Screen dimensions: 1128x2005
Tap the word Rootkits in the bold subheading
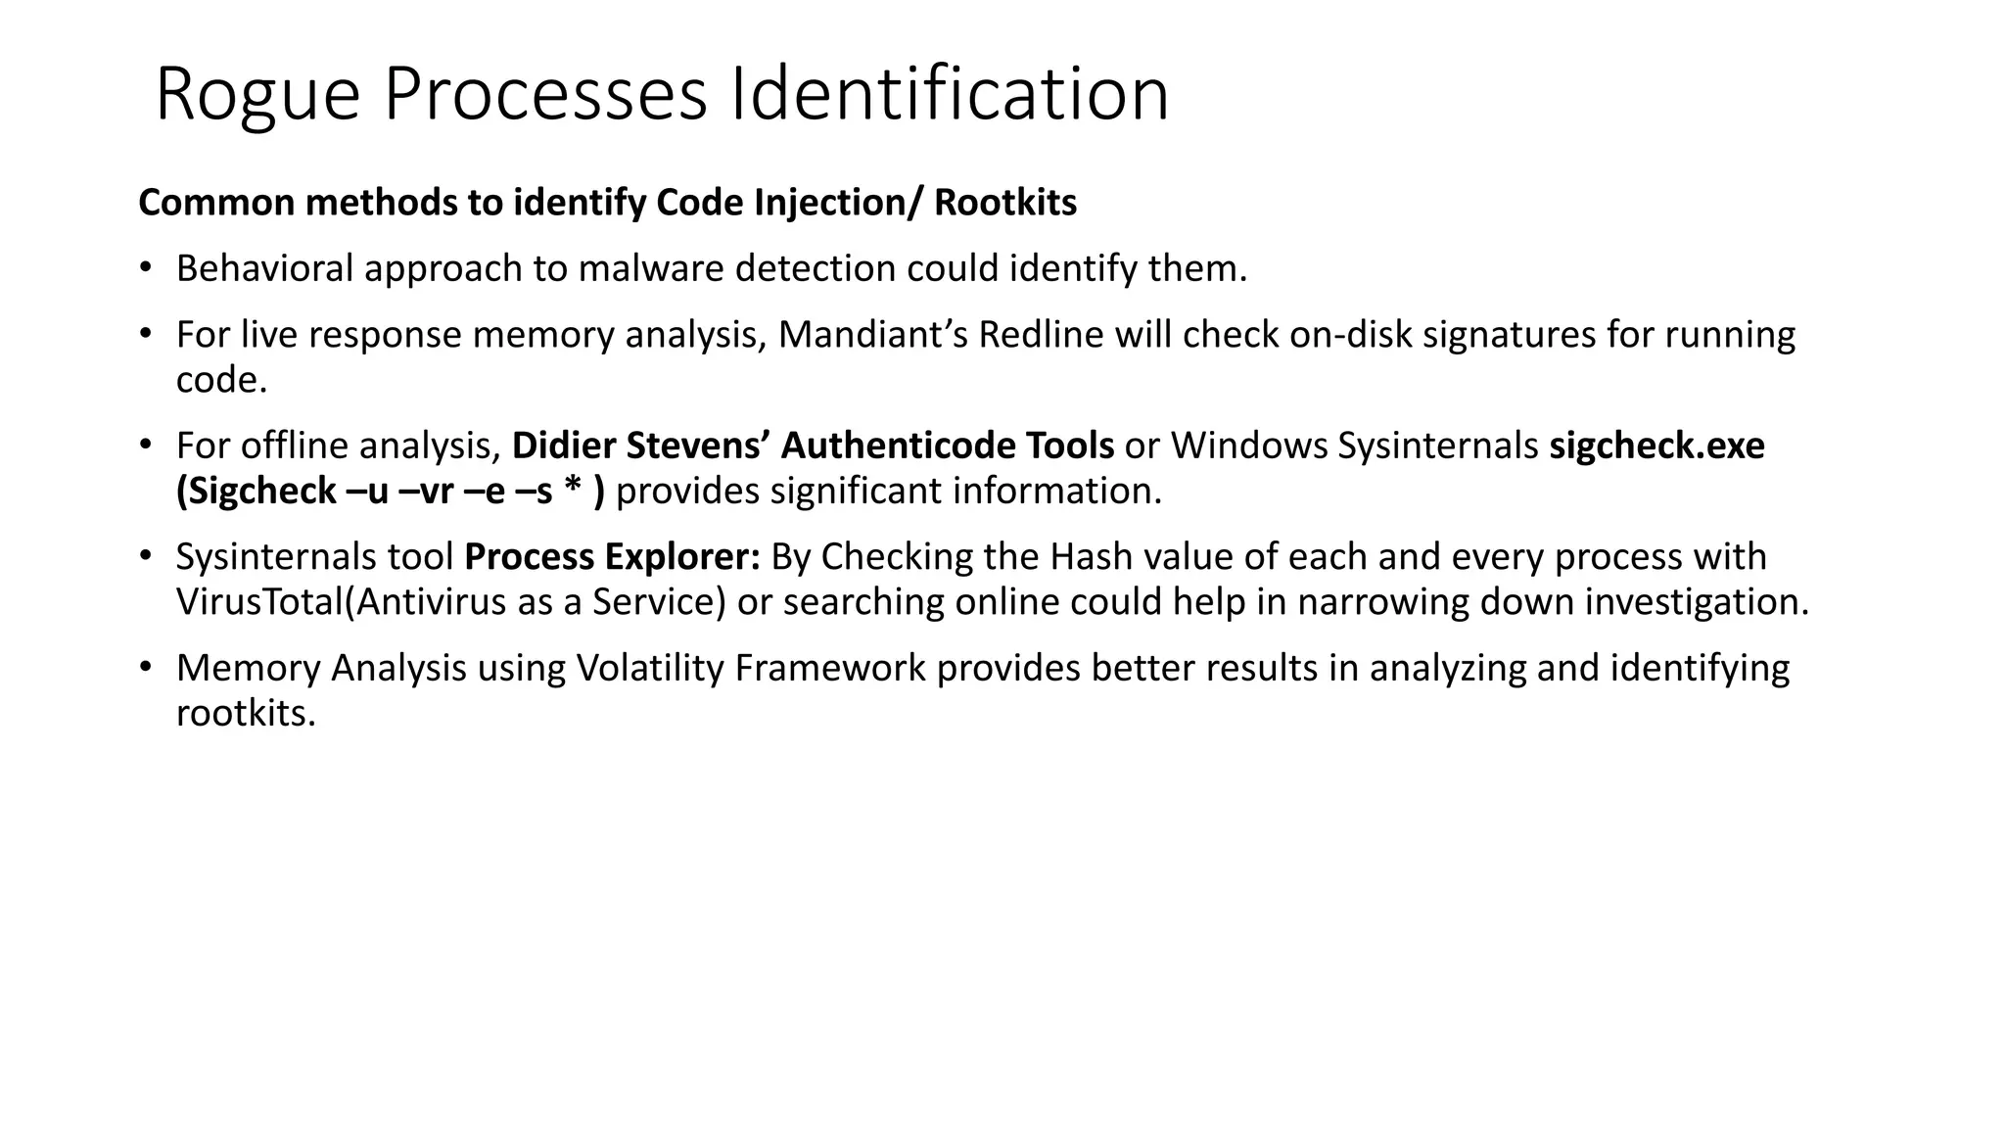pyautogui.click(x=1005, y=203)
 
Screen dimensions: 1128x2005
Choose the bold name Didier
pyautogui.click(x=563, y=446)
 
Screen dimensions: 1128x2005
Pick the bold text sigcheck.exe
pyautogui.click(x=1656, y=446)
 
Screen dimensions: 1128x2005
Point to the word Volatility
pyautogui.click(x=650, y=668)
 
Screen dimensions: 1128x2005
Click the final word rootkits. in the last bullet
pyautogui.click(x=246, y=713)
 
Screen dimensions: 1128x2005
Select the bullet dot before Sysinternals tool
pyautogui.click(x=146, y=556)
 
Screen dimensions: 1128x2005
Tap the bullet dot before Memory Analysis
pyautogui.click(x=146, y=668)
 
